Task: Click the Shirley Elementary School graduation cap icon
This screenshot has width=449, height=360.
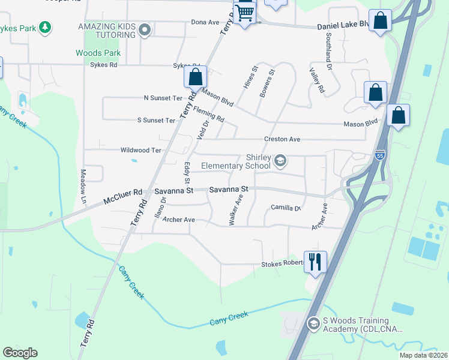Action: pyautogui.click(x=280, y=161)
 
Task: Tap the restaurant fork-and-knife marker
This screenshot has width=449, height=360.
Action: pyautogui.click(x=315, y=262)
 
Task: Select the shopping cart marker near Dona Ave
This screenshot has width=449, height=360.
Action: pyautogui.click(x=245, y=12)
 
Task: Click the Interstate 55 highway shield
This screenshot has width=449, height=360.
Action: pyautogui.click(x=380, y=154)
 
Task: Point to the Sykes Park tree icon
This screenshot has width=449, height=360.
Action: pyautogui.click(x=44, y=26)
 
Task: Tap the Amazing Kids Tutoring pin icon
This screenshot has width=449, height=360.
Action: pyautogui.click(x=144, y=29)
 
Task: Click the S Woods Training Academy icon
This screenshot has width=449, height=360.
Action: pyautogui.click(x=313, y=325)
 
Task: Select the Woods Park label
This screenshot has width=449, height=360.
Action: pyautogui.click(x=98, y=53)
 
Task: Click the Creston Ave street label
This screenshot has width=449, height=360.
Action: pyautogui.click(x=282, y=139)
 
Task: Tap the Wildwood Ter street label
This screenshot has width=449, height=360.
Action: pyautogui.click(x=141, y=150)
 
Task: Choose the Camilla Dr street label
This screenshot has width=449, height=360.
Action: pyautogui.click(x=285, y=208)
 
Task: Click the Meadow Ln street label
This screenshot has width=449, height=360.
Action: pyautogui.click(x=83, y=181)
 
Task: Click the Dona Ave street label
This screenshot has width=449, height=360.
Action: pyautogui.click(x=205, y=22)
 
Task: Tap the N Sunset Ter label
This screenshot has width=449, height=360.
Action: pyautogui.click(x=163, y=98)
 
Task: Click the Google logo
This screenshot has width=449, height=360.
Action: pyautogui.click(x=20, y=353)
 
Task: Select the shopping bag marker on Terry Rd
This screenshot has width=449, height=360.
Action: pyautogui.click(x=195, y=77)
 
